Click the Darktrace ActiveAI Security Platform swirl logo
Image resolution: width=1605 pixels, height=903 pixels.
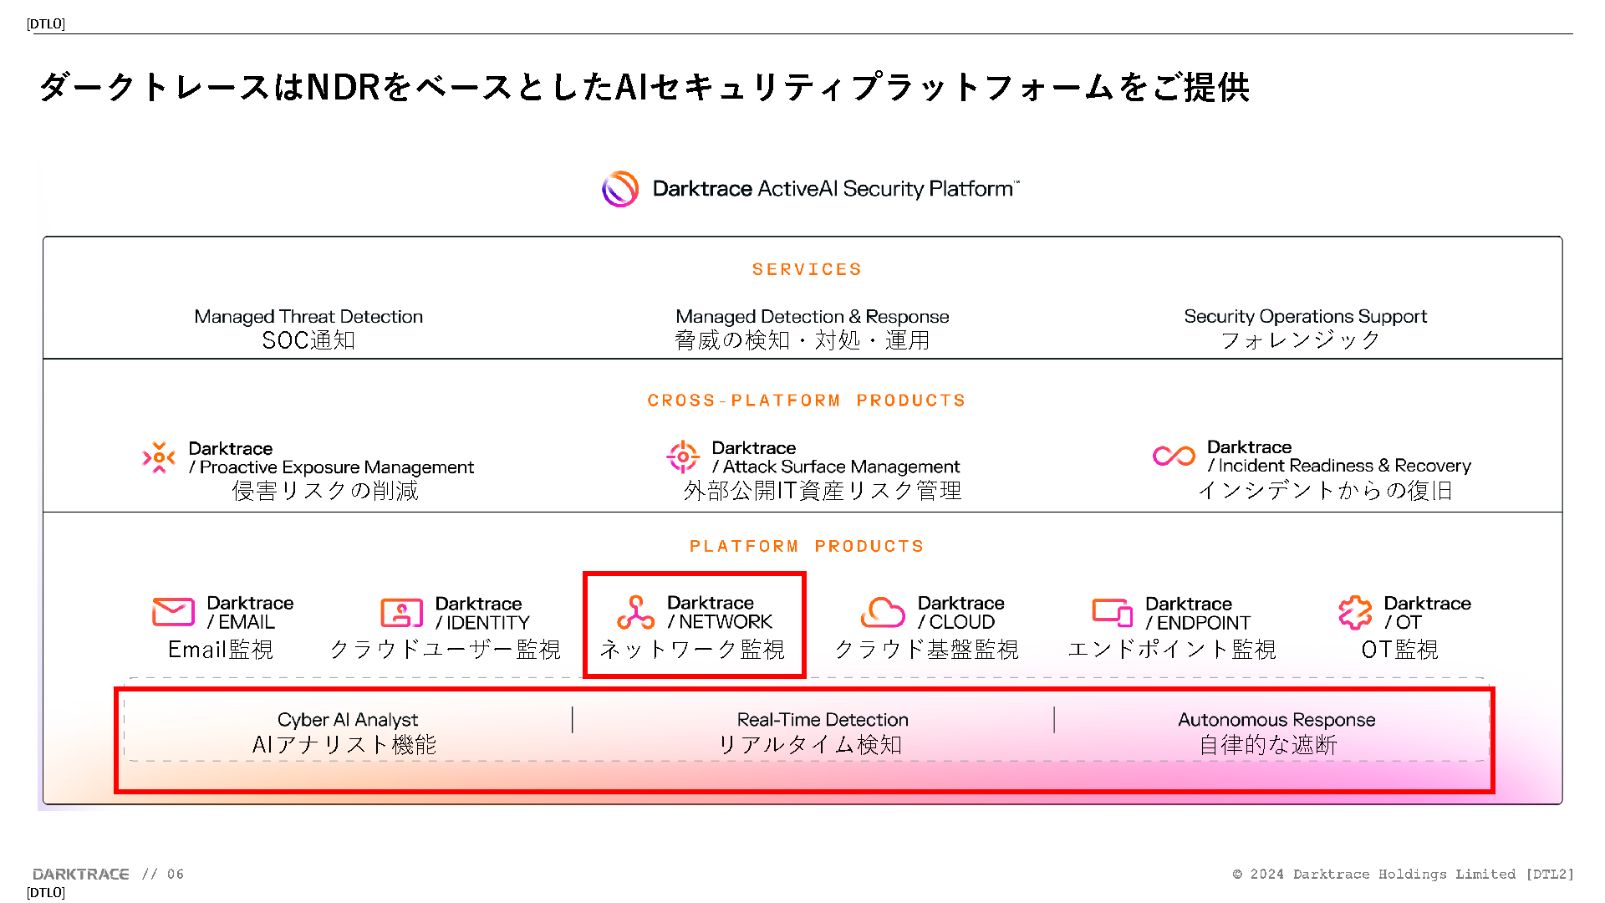[620, 189]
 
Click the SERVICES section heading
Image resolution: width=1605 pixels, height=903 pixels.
[807, 269]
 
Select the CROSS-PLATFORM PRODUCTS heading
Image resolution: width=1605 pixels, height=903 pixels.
[807, 400]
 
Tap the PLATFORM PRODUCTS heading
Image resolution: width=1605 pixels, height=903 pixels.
[807, 546]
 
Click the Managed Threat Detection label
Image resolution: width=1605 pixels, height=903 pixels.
[308, 316]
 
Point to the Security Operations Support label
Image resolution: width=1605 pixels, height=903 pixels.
[1305, 316]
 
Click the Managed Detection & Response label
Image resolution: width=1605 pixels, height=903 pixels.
[812, 316]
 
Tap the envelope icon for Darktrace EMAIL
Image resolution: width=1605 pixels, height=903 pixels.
[173, 612]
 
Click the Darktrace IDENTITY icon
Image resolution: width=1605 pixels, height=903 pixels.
[401, 613]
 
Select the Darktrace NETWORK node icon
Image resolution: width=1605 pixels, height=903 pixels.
[635, 612]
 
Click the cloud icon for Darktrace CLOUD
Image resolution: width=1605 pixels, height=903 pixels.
[883, 612]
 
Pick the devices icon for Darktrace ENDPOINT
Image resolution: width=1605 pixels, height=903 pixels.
[1112, 612]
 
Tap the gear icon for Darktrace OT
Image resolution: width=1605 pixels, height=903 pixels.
[1355, 612]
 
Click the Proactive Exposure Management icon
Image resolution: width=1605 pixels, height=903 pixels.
[159, 457]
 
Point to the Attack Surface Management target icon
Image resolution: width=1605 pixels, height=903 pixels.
[683, 457]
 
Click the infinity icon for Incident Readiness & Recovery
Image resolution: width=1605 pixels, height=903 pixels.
[1174, 456]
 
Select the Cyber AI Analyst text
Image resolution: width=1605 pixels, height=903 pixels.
[348, 720]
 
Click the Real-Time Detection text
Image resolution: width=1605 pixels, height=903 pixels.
[823, 720]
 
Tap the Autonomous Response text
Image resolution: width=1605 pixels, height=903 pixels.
[1276, 720]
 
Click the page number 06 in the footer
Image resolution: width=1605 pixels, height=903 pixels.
[176, 874]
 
